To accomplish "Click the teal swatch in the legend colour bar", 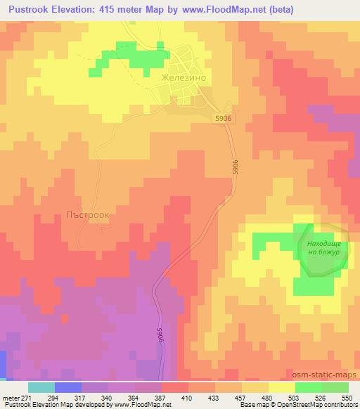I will pos(41,387).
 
